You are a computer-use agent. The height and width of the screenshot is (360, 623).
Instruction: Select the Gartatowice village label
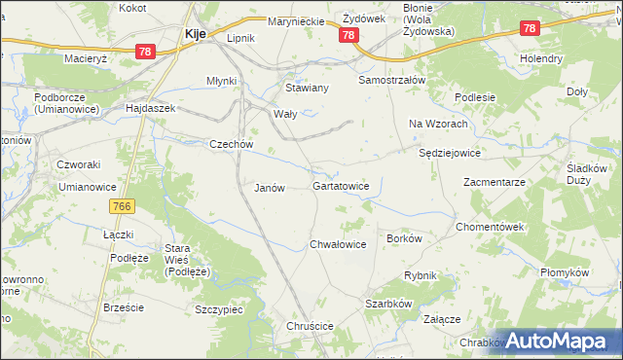[x=341, y=185]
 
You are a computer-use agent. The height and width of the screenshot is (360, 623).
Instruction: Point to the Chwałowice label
[x=338, y=245]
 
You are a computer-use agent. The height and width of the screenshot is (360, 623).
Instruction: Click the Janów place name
[x=269, y=189]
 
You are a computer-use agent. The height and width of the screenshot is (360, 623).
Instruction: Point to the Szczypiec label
[x=218, y=308]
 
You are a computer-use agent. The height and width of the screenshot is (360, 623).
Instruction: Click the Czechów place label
[x=232, y=145]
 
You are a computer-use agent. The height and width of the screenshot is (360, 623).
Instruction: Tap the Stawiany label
[x=307, y=88]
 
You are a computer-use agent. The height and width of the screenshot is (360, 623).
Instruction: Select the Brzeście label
[x=124, y=307]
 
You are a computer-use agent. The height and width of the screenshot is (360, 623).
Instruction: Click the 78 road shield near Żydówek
[x=348, y=35]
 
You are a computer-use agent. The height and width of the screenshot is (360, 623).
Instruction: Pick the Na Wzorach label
[x=433, y=124]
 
